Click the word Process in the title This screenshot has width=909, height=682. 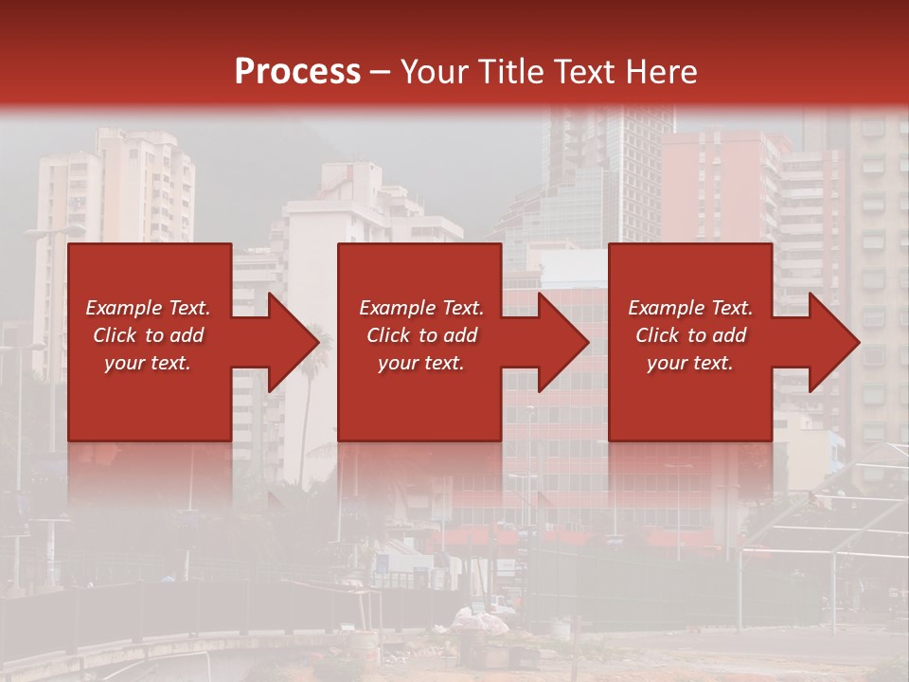297,72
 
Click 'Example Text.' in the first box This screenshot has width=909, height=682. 148,308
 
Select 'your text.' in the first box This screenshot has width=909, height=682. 148,363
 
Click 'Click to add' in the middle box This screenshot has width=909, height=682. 421,335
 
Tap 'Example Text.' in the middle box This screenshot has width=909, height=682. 421,308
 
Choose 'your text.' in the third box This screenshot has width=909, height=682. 690,363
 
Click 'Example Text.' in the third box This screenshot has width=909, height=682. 690,308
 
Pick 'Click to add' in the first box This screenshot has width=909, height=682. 148,335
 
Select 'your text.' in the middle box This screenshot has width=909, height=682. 421,363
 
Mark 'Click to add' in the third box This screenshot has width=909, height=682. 690,335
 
